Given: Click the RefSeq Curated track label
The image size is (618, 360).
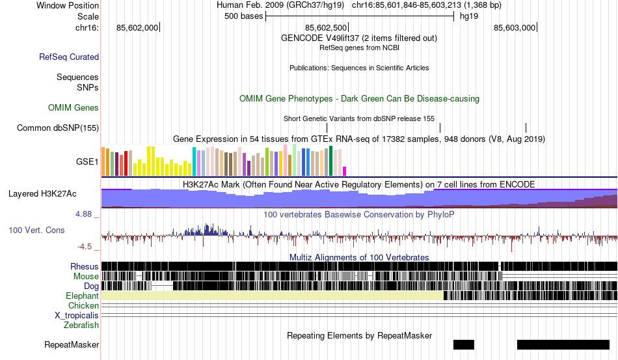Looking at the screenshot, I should [x=69, y=57].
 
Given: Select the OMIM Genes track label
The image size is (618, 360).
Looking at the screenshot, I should [x=74, y=107].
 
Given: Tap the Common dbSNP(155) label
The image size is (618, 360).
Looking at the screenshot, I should [x=58, y=128].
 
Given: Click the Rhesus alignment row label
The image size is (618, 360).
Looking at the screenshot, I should [x=85, y=266].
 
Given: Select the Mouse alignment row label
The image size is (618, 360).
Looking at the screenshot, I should [x=86, y=276].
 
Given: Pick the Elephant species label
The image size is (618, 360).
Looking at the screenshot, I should [x=82, y=296].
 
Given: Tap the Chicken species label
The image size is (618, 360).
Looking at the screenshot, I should [x=83, y=305].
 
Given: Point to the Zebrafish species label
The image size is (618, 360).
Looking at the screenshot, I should [x=81, y=325].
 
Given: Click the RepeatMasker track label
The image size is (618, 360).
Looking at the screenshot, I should [x=72, y=344].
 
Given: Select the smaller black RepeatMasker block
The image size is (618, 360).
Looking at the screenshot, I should [x=464, y=344].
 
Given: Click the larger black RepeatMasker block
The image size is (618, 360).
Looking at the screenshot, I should [x=563, y=344].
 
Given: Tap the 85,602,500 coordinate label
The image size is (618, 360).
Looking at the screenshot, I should [x=325, y=27].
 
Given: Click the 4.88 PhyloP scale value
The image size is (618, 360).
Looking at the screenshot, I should [x=85, y=214].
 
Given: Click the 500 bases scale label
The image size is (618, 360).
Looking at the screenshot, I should [x=243, y=16].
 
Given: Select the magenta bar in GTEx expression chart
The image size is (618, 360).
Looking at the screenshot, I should [x=345, y=171].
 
